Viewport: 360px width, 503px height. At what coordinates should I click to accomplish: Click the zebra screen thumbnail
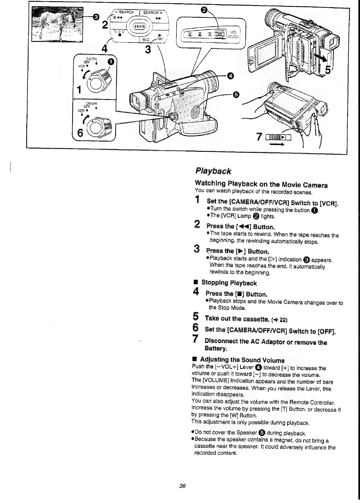tap(57, 25)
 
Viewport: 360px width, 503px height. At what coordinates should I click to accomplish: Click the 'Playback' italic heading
tap(213, 171)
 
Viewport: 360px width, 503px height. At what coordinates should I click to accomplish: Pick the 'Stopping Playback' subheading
tap(229, 283)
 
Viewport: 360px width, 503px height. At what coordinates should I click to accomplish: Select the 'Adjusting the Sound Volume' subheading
tap(242, 360)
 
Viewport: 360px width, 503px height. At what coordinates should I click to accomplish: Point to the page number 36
tap(182, 486)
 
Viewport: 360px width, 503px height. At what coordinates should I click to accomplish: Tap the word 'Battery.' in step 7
tap(216, 349)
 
